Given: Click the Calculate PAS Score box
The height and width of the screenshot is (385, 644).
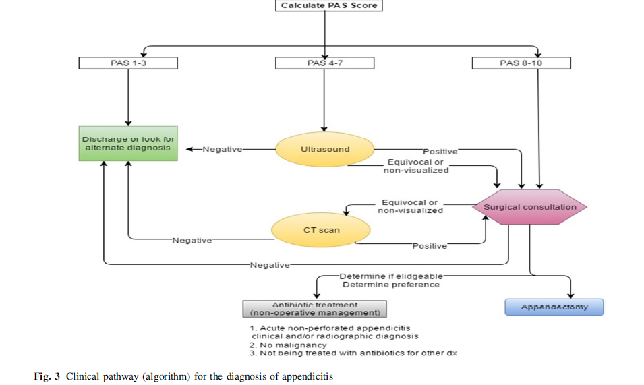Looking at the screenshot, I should (325, 5).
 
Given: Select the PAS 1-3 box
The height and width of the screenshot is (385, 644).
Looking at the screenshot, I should (128, 63).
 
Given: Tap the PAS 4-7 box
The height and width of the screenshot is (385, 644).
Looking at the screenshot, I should (325, 63).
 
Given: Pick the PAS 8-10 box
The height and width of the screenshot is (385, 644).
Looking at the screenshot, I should (521, 63).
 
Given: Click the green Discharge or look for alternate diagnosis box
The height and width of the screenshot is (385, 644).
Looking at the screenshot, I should (128, 144).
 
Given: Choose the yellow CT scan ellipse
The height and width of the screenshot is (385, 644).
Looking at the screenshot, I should (321, 230).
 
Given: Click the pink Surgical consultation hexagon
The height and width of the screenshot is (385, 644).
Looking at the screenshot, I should (530, 207).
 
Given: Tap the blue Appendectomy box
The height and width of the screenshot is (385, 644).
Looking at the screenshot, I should (554, 307).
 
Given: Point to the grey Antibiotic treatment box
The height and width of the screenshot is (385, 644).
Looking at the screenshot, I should (315, 309).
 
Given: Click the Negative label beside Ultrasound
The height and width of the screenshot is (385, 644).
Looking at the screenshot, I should (223, 149).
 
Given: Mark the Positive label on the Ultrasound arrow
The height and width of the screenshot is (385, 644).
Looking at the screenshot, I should (440, 152).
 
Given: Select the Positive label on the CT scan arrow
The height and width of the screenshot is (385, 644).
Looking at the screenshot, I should (430, 246).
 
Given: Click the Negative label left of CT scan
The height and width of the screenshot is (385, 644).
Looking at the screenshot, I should (192, 240).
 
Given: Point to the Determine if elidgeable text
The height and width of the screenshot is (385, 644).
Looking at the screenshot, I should (390, 276).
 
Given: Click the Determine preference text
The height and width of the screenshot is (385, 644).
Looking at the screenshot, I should (390, 285).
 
